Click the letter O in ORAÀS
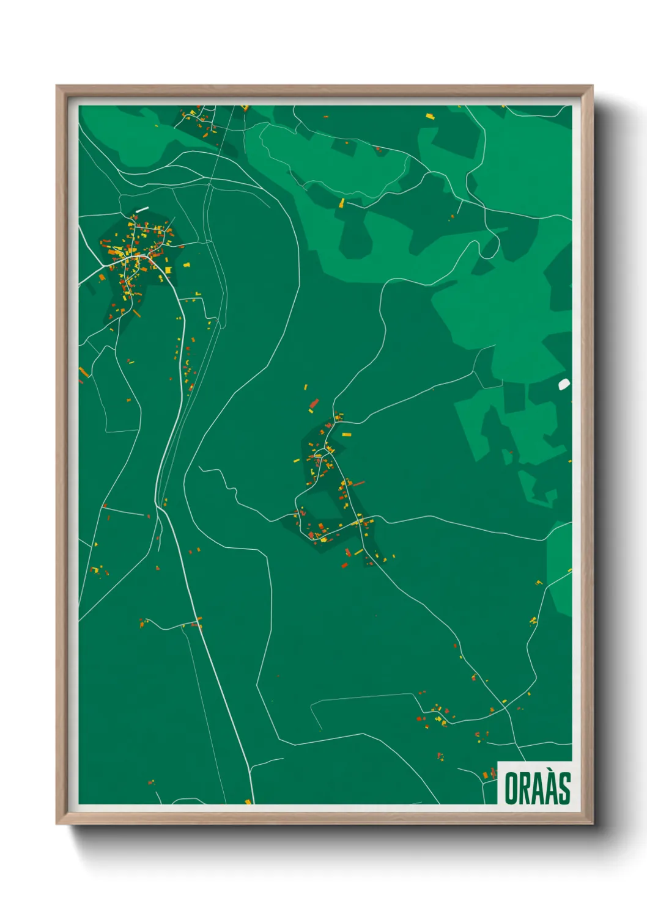[512, 789]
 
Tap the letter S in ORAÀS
[563, 789]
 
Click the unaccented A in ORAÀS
[539, 789]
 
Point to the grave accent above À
[551, 772]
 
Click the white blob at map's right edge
[564, 384]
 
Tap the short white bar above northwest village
[142, 210]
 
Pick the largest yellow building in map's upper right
[429, 115]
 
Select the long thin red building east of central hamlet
[358, 484]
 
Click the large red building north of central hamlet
[314, 403]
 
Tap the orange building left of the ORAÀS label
[487, 775]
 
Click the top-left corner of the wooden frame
[57, 86]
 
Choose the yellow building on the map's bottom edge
[248, 801]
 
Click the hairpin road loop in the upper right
[489, 248]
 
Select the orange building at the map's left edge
[84, 371]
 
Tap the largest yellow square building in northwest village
[168, 269]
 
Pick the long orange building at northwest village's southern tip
[136, 313]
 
